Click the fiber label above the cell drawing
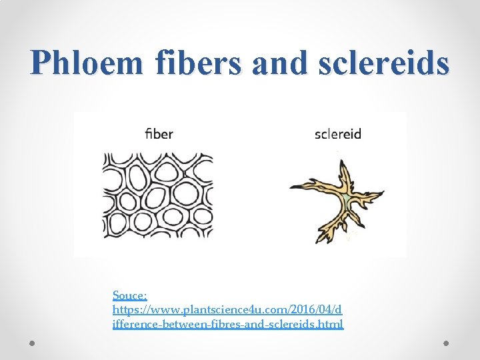159,133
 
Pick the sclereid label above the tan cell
337,134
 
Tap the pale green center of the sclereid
346,199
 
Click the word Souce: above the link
130,295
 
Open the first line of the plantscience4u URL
227,309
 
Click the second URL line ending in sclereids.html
228,324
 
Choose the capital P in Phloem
41,63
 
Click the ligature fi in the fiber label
149,133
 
